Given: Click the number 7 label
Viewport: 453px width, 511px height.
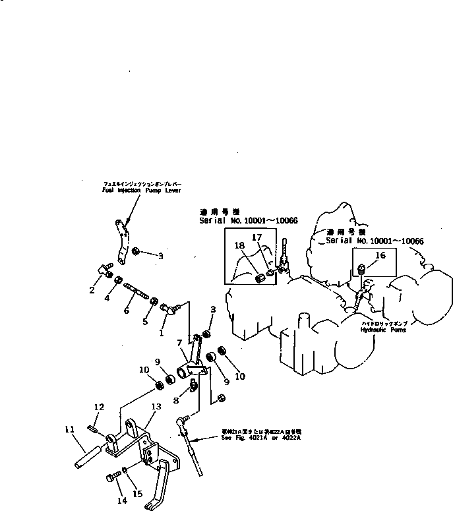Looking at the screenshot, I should [179, 342].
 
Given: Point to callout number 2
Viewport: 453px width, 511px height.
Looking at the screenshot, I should [92, 289].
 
